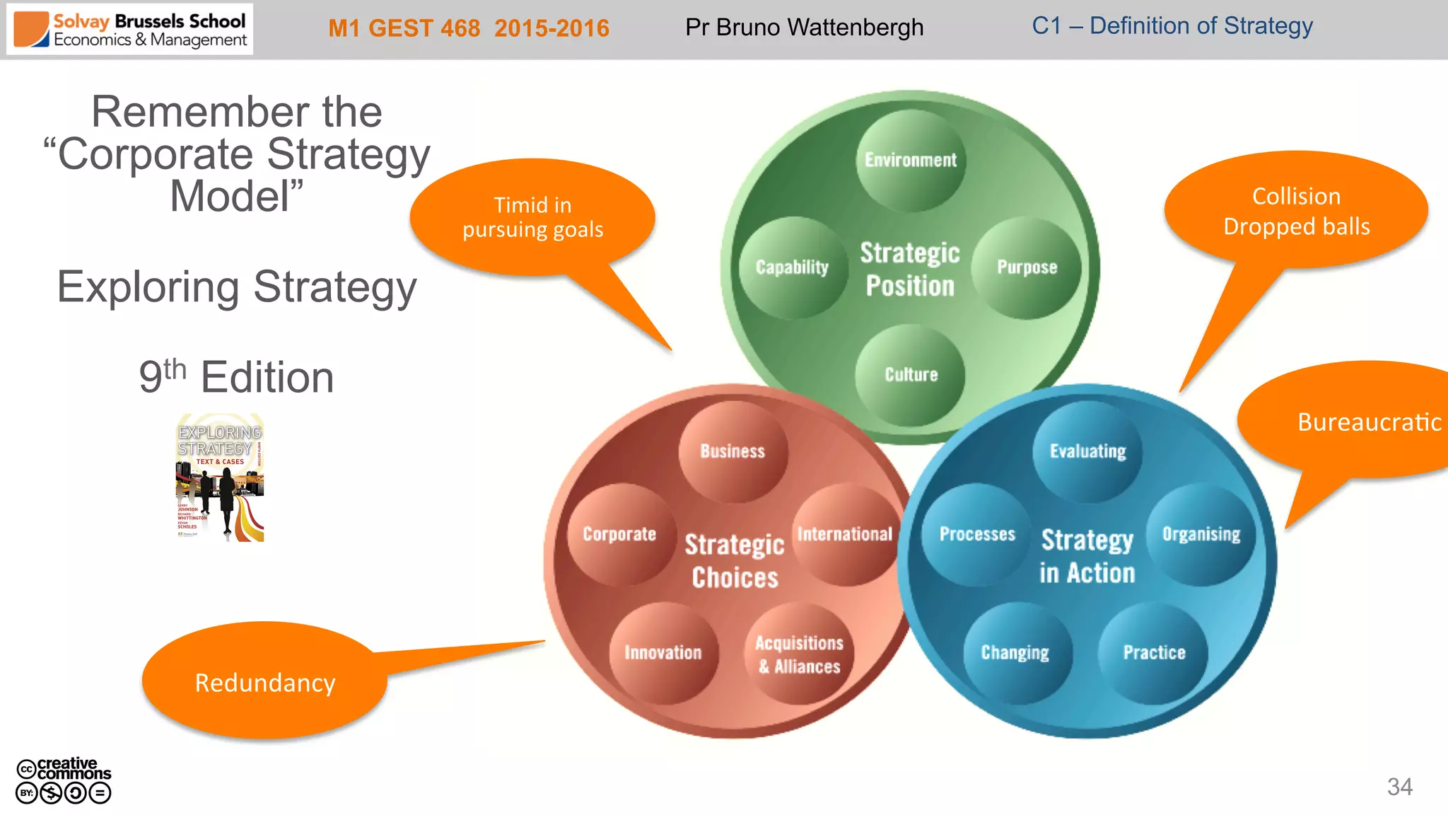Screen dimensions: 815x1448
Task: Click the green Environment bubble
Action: [911, 160]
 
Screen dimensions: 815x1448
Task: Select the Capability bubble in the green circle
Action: [793, 267]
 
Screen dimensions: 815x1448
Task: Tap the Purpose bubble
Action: [1027, 267]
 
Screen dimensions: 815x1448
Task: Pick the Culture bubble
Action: [911, 374]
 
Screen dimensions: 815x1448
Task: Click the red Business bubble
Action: [732, 451]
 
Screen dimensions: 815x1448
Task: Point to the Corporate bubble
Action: [620, 534]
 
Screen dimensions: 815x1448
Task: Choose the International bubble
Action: [845, 534]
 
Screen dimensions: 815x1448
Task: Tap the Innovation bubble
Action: [663, 652]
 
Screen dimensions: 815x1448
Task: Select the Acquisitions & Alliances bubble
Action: [799, 654]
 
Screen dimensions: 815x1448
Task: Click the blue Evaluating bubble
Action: [1087, 451]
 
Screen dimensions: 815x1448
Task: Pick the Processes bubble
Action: [977, 534]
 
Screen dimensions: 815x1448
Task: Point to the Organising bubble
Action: [1201, 534]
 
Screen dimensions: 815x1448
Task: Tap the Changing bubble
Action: [1015, 652]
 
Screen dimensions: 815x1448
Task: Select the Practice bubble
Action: [1154, 652]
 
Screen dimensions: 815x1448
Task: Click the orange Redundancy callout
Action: [265, 682]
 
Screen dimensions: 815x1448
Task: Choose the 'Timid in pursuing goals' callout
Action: [532, 216]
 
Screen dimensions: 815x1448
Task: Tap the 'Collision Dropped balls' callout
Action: [1296, 211]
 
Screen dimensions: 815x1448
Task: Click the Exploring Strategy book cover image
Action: [220, 478]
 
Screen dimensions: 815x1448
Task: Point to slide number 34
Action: [1399, 787]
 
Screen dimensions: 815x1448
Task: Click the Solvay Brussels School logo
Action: [130, 30]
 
